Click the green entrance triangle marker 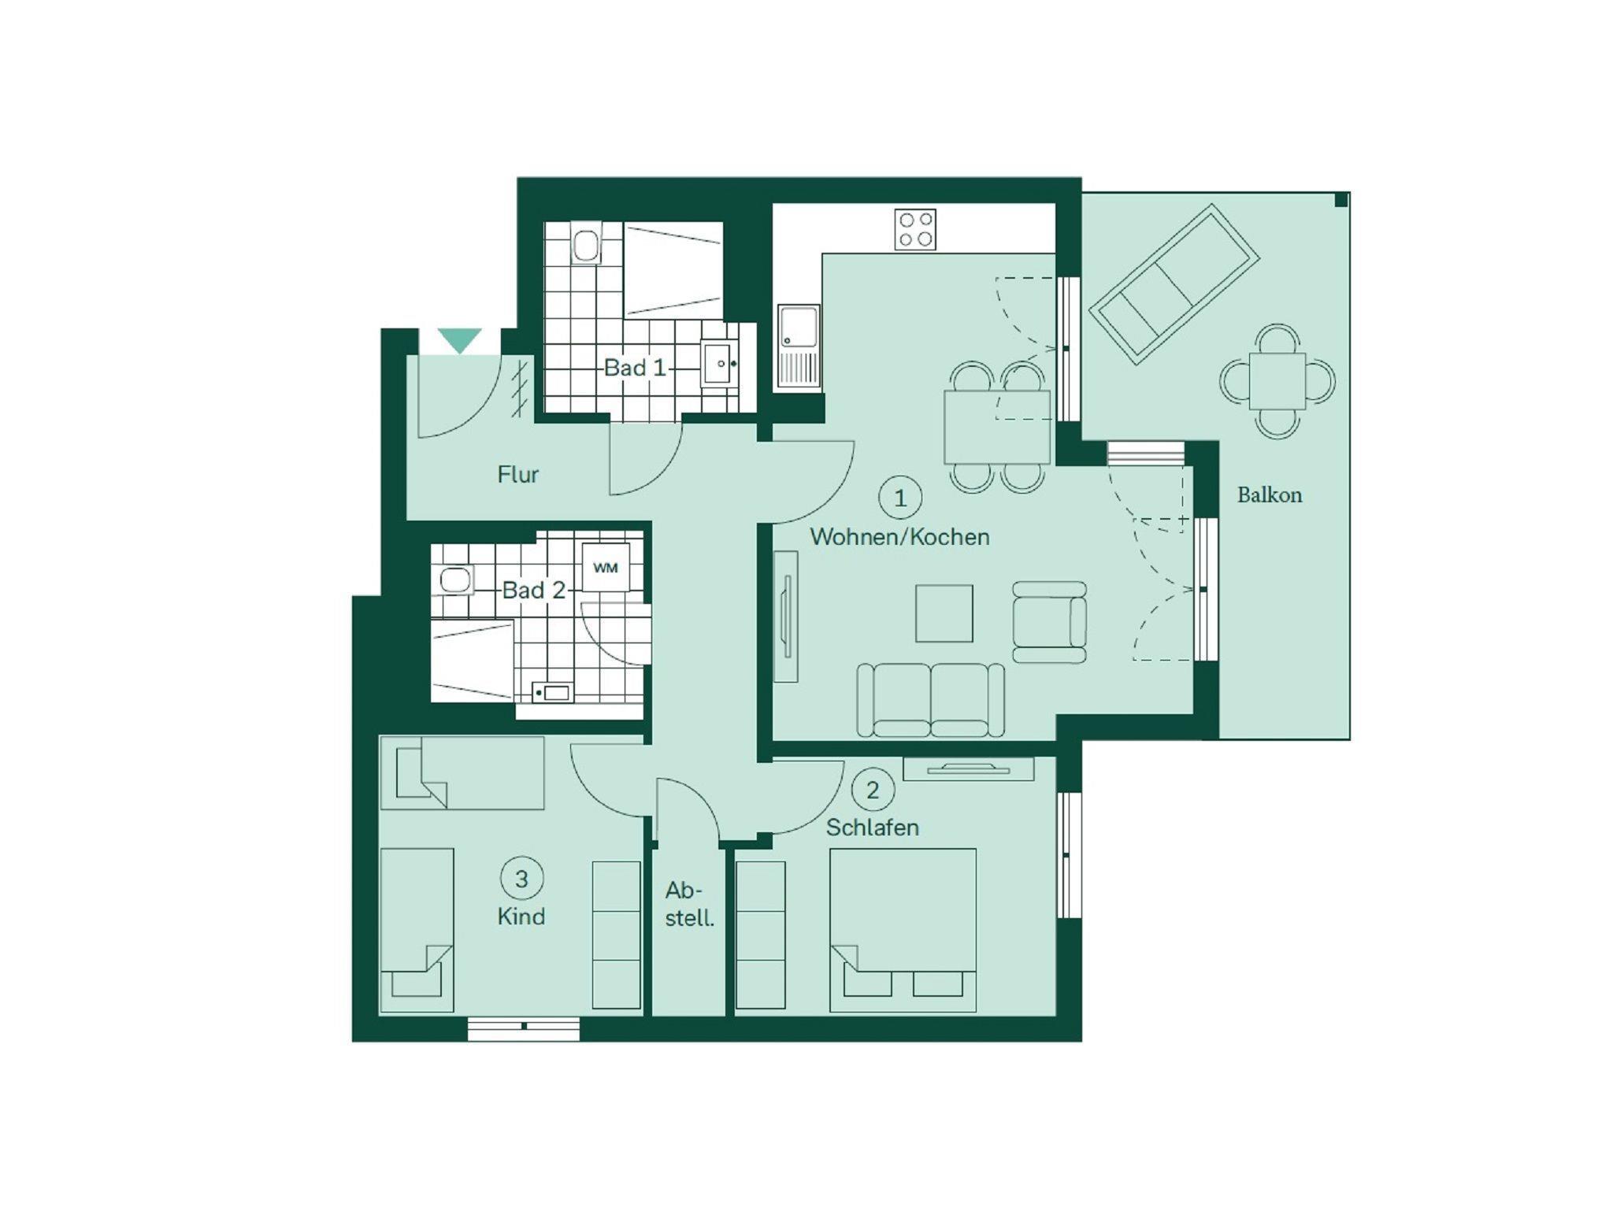pos(460,340)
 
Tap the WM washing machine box pos(606,568)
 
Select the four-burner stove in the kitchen pos(915,229)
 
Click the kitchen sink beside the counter pos(799,346)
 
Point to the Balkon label pos(1270,495)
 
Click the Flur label pos(518,475)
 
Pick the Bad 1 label pos(635,368)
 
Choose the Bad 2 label pos(534,591)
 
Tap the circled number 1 pos(900,498)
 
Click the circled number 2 pos(873,790)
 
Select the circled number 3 pos(521,879)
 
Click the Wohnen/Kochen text pos(900,537)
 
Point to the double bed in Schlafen pos(903,930)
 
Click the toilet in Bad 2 pos(455,581)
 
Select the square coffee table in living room pos(944,613)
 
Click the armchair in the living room pos(1050,622)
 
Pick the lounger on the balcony pos(1174,284)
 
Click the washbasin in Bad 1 pos(720,364)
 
